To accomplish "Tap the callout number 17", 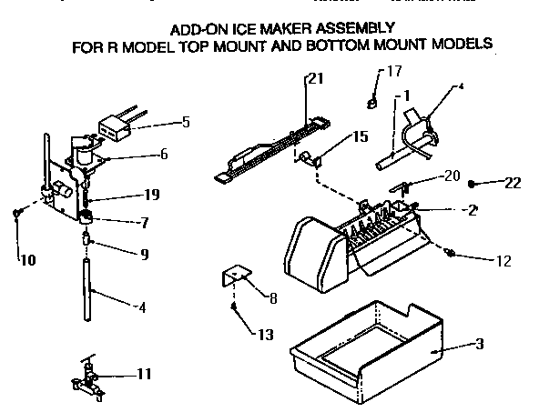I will tap(394, 71).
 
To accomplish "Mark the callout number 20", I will tap(452, 176).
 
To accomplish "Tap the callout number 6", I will tap(163, 155).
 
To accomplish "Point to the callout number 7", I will tap(143, 222).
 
